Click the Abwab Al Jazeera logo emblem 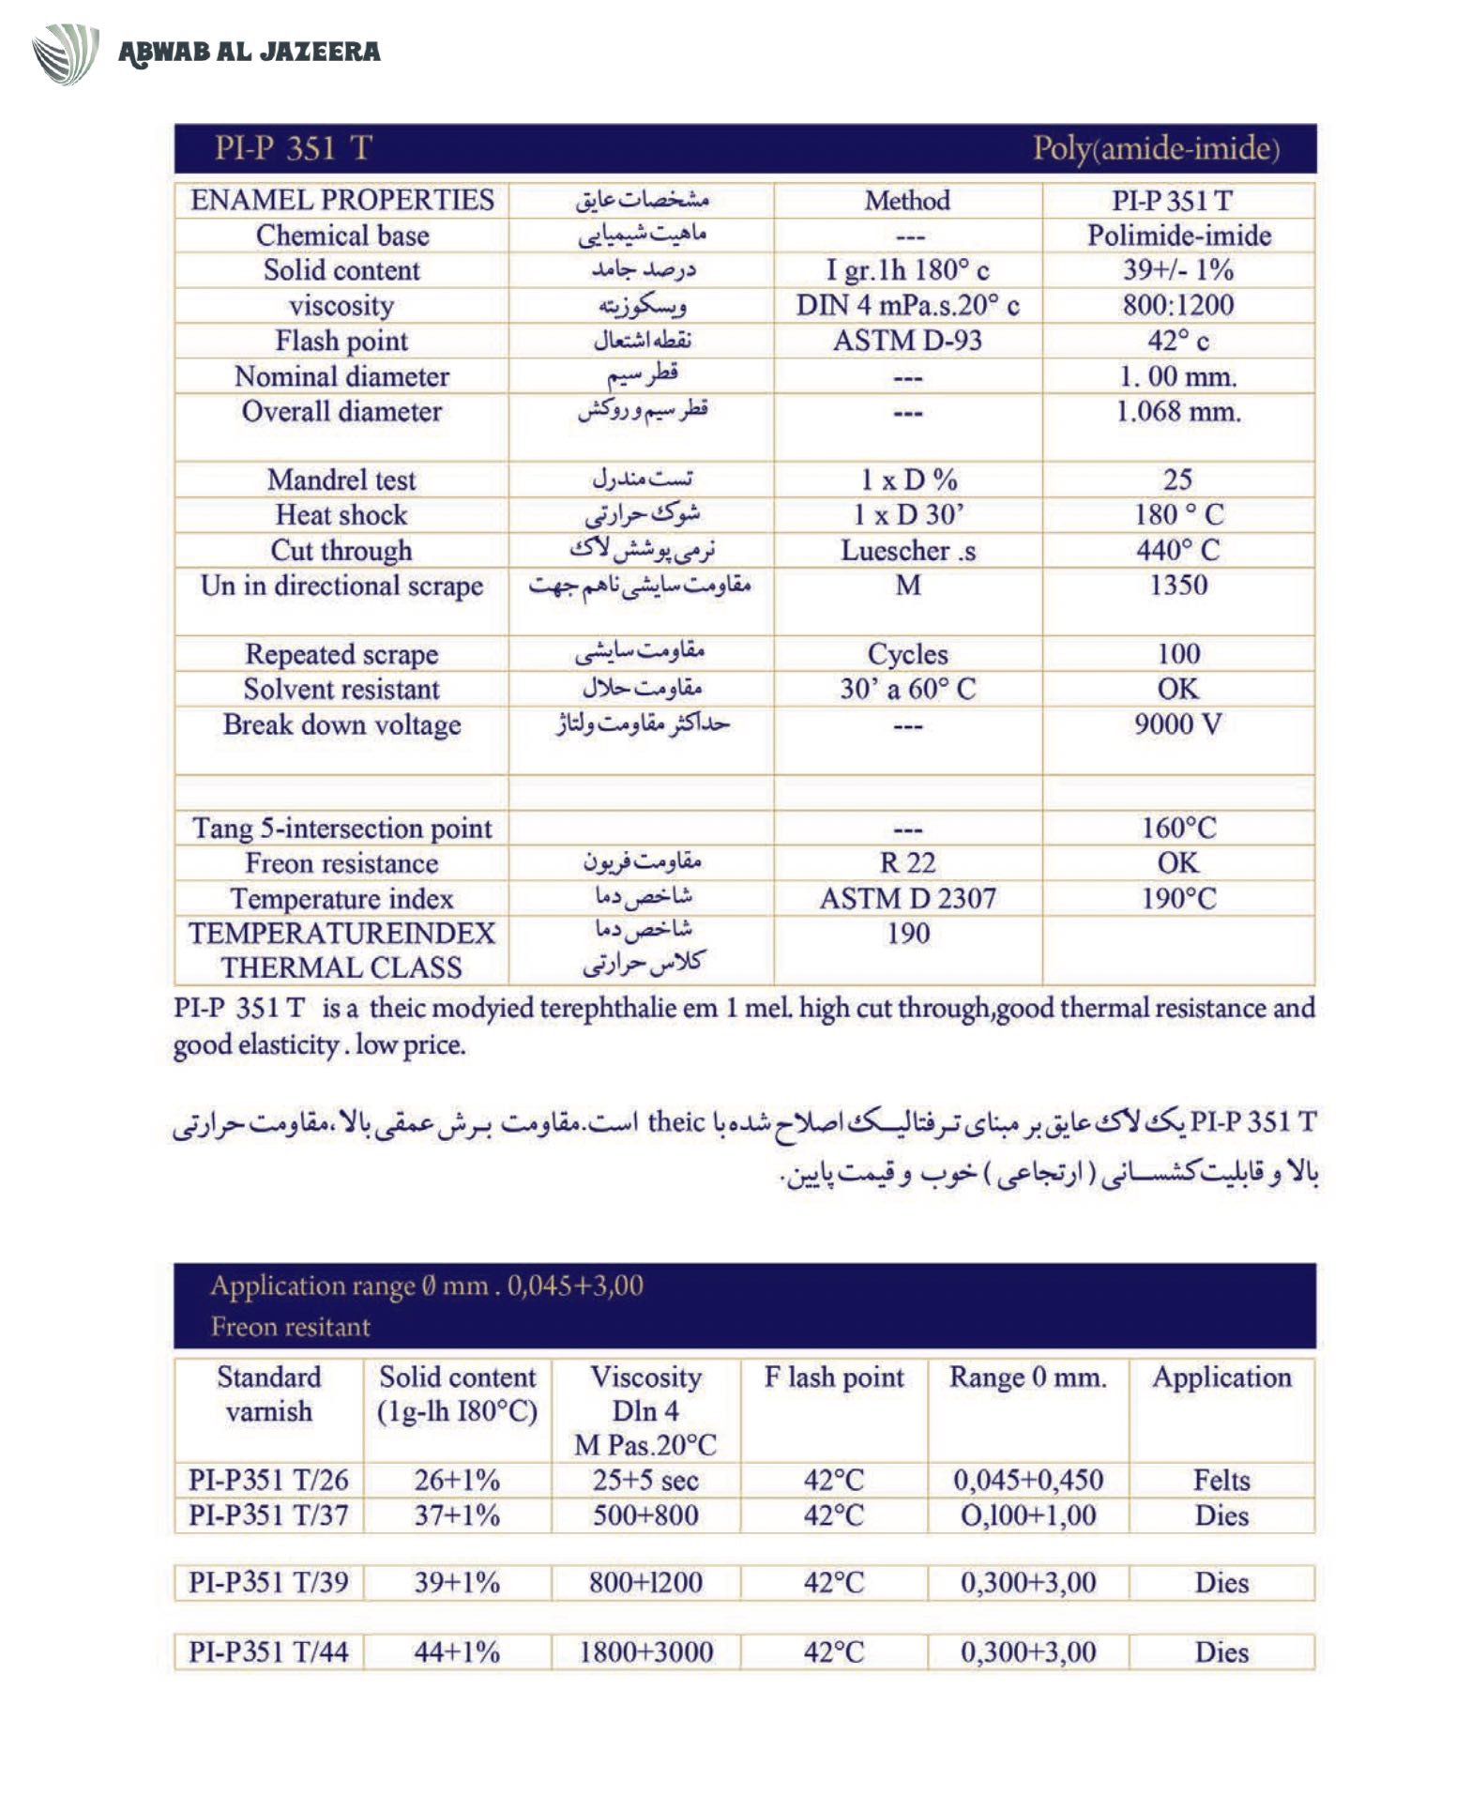tap(66, 53)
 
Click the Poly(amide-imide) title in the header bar tap(1156, 149)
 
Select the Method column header tap(907, 201)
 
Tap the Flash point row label tap(341, 341)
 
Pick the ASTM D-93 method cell tap(907, 341)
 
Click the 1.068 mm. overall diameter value tap(1178, 412)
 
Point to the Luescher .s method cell tap(907, 551)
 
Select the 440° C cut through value tap(1178, 550)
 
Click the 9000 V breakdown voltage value tap(1178, 724)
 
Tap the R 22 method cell tap(907, 863)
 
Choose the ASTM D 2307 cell tap(907, 899)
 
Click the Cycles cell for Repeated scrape tap(907, 654)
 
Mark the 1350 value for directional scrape tap(1178, 586)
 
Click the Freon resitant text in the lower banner tap(291, 1327)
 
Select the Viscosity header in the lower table tap(645, 1377)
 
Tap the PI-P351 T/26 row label tap(268, 1481)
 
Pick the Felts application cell tap(1221, 1481)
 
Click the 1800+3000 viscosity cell tap(645, 1652)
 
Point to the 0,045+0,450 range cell tap(1028, 1481)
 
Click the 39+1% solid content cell tap(457, 1583)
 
